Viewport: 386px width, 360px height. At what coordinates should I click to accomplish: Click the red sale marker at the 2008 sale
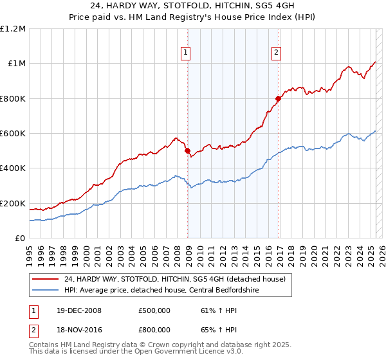[x=188, y=151]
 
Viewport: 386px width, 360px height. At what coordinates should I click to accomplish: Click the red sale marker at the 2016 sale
[x=279, y=99]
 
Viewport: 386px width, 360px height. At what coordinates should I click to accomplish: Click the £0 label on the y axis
[x=21, y=239]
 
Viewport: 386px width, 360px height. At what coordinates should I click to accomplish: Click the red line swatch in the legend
[x=45, y=278]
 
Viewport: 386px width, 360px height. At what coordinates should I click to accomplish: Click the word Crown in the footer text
[x=137, y=345]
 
